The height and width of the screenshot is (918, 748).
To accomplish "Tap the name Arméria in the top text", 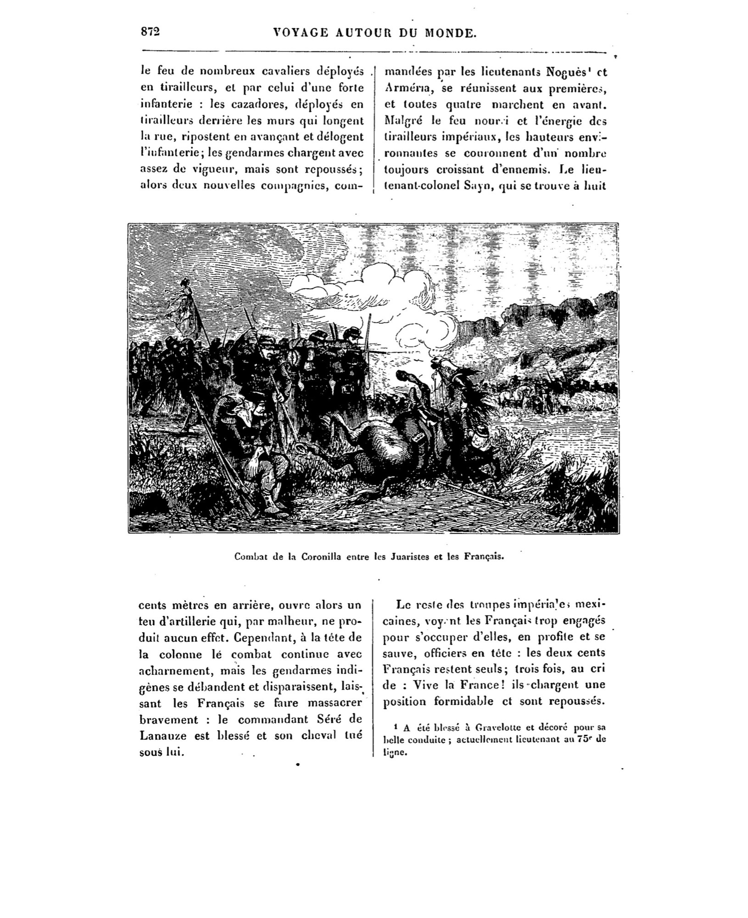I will (x=403, y=88).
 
